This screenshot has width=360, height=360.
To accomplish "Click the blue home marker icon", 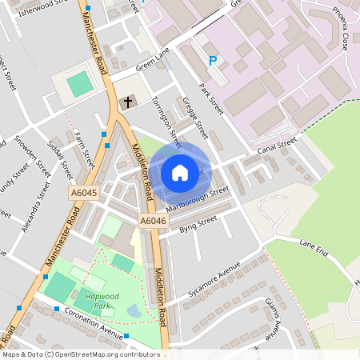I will [180, 173].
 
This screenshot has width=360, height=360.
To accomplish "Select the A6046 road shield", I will [152, 220].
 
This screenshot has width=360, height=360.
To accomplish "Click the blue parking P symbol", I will [213, 60].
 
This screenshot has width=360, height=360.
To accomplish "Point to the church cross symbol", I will [127, 102].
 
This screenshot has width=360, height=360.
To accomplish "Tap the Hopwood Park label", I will [101, 301].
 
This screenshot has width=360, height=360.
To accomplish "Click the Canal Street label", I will [277, 146].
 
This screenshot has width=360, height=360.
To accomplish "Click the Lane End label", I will [314, 247].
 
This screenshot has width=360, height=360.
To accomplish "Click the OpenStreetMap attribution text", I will [81, 354].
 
